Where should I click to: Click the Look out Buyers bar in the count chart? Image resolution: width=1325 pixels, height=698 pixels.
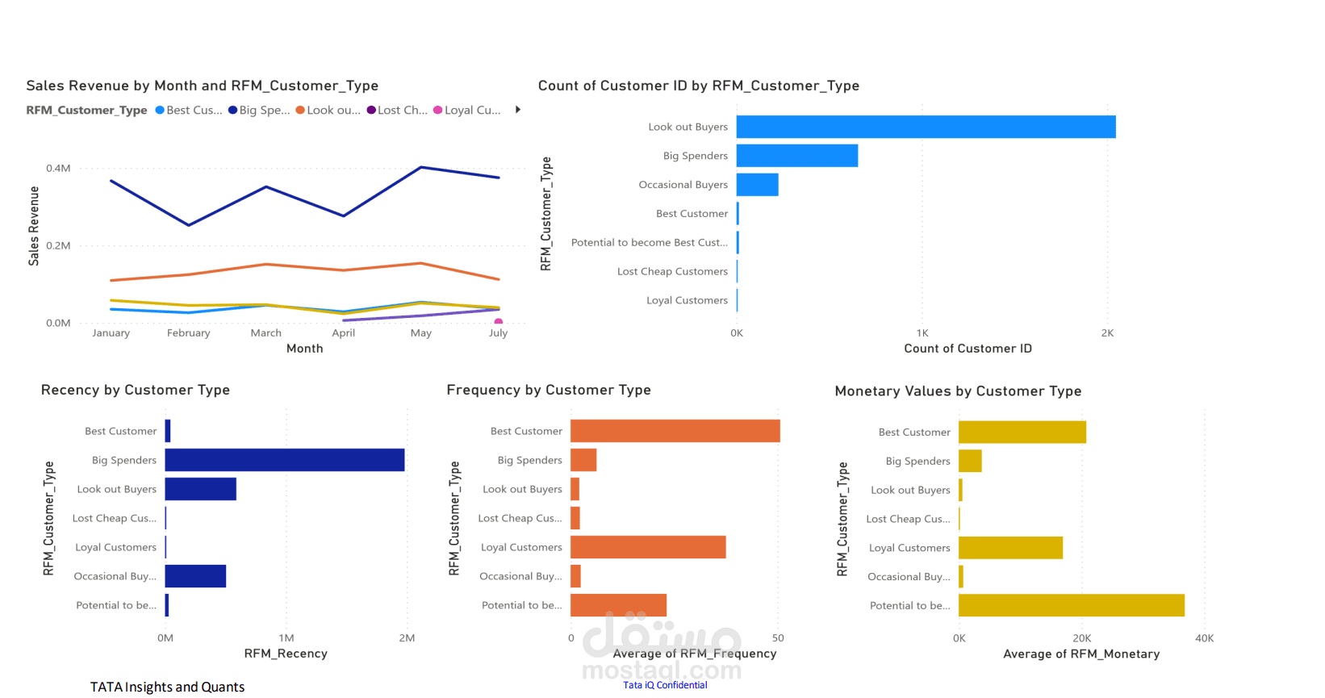pyautogui.click(x=926, y=127)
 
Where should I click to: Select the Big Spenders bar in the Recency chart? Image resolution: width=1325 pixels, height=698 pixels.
pyautogui.click(x=285, y=460)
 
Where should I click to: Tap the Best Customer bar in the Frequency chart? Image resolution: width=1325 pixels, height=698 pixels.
pyautogui.click(x=675, y=431)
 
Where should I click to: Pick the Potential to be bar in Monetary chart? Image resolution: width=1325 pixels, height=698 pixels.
pyautogui.click(x=1071, y=605)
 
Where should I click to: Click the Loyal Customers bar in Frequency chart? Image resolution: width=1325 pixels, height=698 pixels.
pyautogui.click(x=648, y=547)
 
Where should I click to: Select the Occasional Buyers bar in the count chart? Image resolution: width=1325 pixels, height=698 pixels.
pyautogui.click(x=757, y=185)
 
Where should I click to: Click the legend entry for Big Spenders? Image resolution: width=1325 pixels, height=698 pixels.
pyautogui.click(x=259, y=111)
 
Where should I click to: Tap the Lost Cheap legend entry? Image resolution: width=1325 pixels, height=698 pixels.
pyautogui.click(x=397, y=111)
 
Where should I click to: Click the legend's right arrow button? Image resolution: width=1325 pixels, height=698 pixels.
pyautogui.click(x=518, y=110)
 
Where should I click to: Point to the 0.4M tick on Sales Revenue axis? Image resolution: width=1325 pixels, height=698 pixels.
pyautogui.click(x=58, y=169)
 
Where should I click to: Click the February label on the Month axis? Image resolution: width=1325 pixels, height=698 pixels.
pyautogui.click(x=188, y=333)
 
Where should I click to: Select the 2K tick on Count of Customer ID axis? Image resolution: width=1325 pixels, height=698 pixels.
pyautogui.click(x=1107, y=333)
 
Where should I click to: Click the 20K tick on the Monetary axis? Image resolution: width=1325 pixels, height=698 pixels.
pyautogui.click(x=1081, y=638)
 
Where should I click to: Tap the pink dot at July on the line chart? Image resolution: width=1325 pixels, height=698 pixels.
pyautogui.click(x=499, y=322)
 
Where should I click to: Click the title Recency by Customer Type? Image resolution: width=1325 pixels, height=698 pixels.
pyautogui.click(x=136, y=391)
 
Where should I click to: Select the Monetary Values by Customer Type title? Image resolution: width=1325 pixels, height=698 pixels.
pyautogui.click(x=958, y=391)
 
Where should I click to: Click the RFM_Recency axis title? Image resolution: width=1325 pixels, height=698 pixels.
pyautogui.click(x=286, y=654)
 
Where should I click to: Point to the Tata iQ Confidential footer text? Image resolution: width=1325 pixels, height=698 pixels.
pyautogui.click(x=665, y=685)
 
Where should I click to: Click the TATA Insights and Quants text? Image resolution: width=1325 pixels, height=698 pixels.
pyautogui.click(x=167, y=688)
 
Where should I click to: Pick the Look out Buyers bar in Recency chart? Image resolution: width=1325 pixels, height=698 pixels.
pyautogui.click(x=200, y=489)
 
